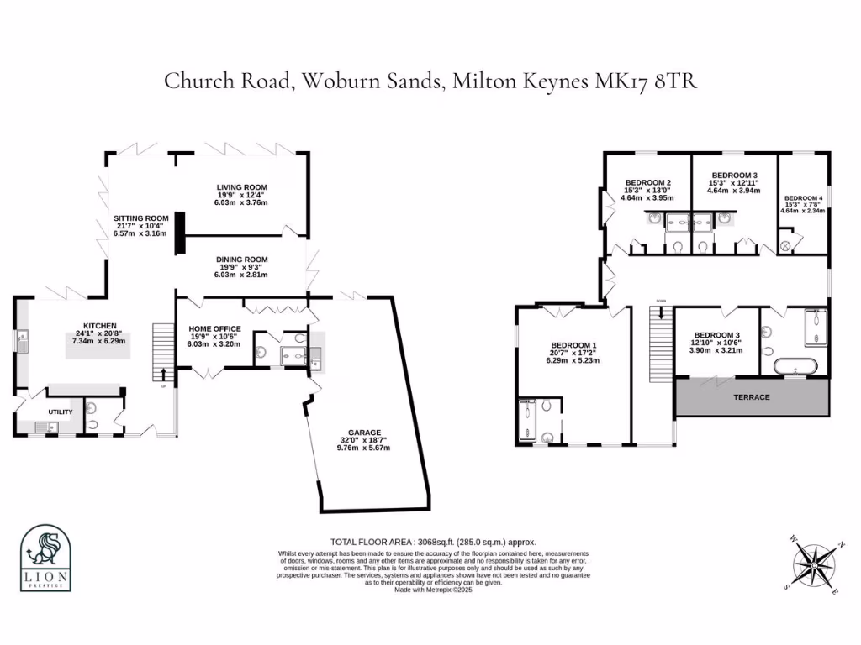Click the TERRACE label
752,397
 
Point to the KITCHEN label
99,326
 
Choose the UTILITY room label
61,412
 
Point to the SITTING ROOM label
141,218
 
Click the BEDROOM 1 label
573,345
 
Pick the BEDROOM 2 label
647,183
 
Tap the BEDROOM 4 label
804,197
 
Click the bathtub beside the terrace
794,366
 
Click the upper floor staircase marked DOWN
662,344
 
